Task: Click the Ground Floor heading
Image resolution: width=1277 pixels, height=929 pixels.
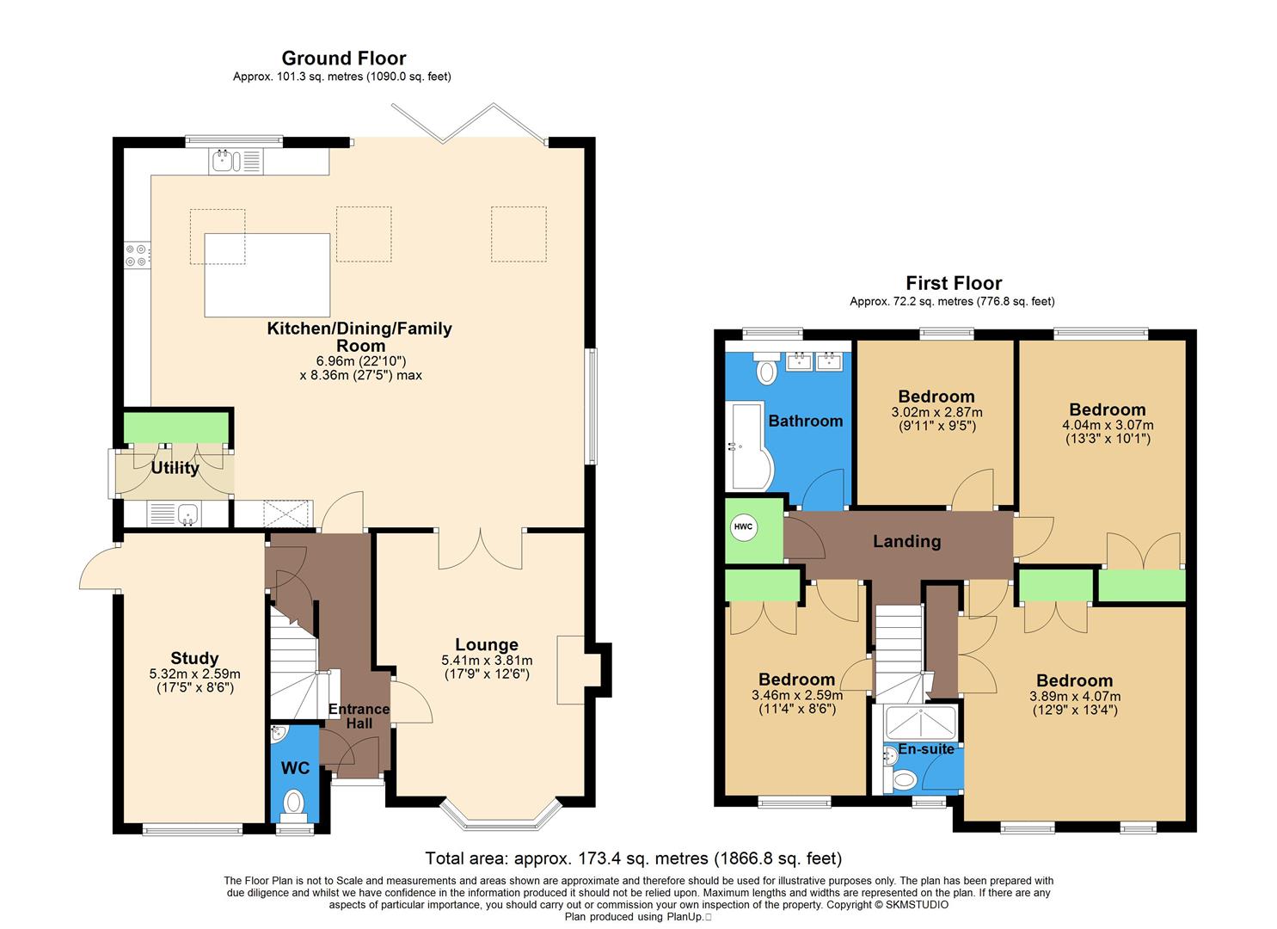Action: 343,58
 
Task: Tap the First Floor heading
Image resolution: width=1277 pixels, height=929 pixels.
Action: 953,283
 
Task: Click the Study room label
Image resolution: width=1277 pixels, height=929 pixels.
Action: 194,658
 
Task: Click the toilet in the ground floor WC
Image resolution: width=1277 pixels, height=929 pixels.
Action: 294,803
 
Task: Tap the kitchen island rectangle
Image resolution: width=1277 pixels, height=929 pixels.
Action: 267,274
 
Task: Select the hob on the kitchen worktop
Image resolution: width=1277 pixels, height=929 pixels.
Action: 136,255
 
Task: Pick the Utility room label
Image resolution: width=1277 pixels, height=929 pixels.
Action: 175,468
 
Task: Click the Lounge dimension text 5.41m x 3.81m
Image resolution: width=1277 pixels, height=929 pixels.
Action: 487,661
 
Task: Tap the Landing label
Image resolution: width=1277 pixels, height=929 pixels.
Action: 906,541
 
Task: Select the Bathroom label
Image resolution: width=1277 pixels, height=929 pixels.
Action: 805,421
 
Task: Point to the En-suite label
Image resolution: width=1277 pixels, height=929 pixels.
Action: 926,748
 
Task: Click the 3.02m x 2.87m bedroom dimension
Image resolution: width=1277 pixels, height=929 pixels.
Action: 936,413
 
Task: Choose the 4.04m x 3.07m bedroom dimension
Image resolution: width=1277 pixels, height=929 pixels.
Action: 1108,425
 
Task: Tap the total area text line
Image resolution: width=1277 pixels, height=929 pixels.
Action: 633,858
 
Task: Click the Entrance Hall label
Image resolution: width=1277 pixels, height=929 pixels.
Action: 359,716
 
